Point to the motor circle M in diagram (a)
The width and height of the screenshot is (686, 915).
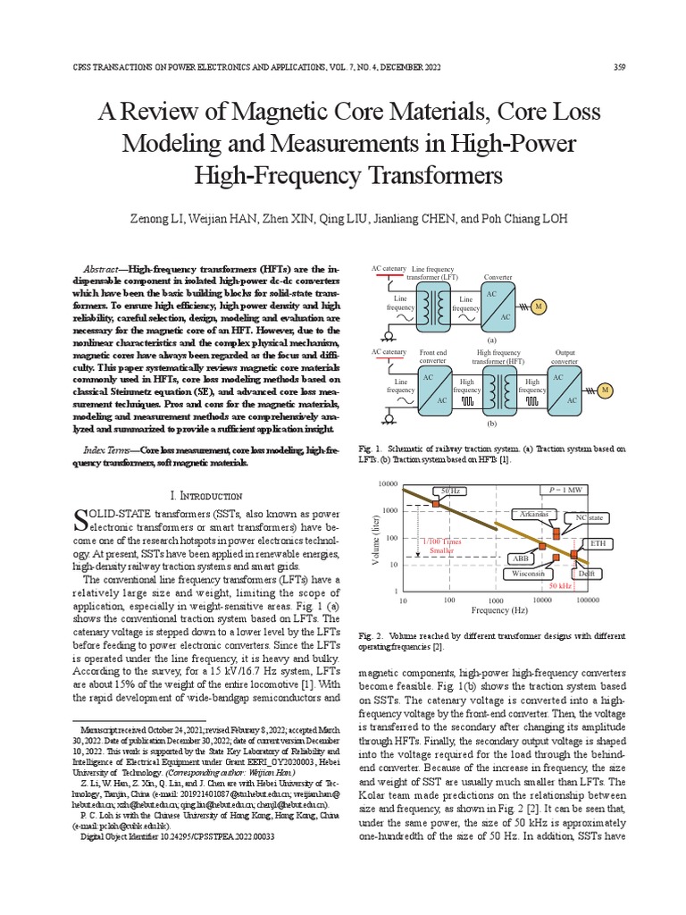click(539, 308)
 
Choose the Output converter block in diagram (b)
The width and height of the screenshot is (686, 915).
click(565, 390)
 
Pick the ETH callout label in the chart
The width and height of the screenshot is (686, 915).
click(596, 543)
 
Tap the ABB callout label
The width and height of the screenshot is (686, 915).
click(521, 558)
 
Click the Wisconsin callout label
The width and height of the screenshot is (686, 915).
click(527, 575)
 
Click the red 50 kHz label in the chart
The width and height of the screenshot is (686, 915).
click(560, 586)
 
